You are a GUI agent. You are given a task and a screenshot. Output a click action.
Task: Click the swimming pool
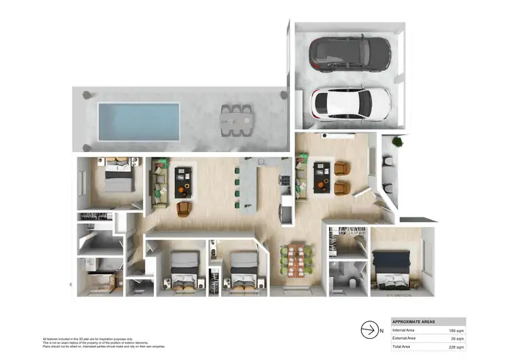pyautogui.click(x=138, y=121)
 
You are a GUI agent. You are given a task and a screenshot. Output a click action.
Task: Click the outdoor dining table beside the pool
pyautogui.click(x=235, y=120)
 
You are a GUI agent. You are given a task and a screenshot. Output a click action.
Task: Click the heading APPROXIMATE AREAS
pyautogui.click(x=414, y=321)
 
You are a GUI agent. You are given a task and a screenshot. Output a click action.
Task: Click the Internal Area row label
pyautogui.click(x=406, y=329)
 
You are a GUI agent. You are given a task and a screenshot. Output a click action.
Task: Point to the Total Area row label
pyautogui.click(x=404, y=346)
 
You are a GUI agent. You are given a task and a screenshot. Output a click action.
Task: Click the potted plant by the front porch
pyautogui.click(x=397, y=143)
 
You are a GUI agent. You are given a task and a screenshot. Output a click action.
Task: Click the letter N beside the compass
pyautogui.click(x=381, y=330)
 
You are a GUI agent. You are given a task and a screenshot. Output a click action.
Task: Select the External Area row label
pyautogui.click(x=407, y=338)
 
